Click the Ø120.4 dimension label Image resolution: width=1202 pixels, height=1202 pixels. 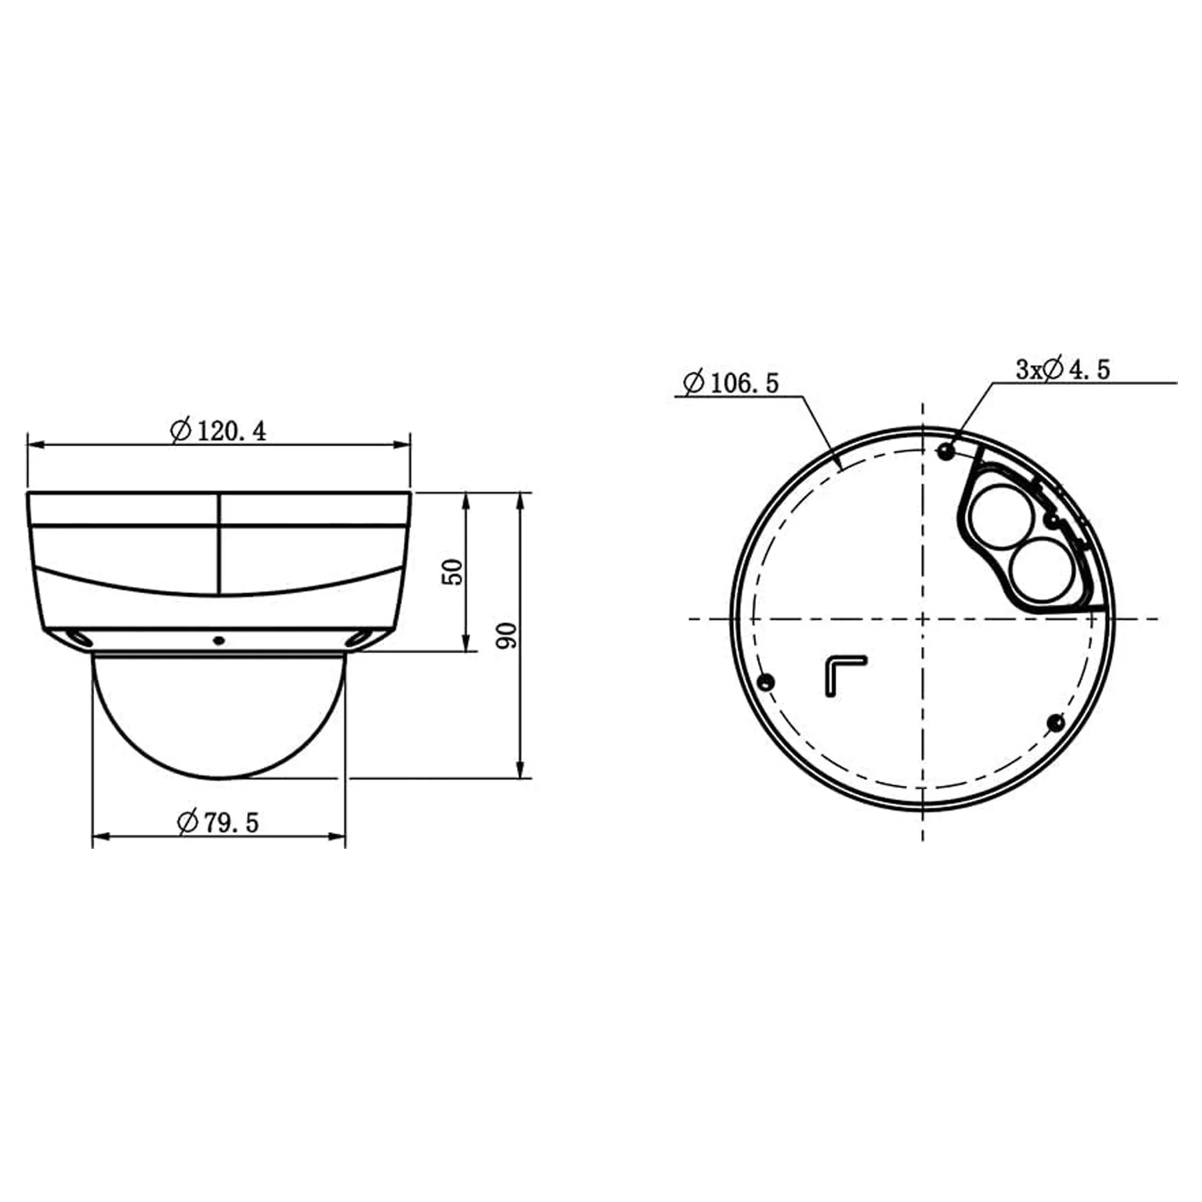click(219, 431)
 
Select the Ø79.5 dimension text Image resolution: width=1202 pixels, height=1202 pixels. click(218, 822)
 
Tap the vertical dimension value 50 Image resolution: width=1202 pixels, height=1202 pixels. click(453, 572)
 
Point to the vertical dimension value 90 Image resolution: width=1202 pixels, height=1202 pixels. click(508, 635)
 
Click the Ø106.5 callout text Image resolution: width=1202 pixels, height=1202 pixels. click(731, 383)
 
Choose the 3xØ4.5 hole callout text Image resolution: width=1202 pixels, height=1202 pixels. click(1062, 369)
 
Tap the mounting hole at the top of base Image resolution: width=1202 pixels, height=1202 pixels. click(944, 451)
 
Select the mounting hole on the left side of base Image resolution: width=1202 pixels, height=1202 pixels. click(766, 682)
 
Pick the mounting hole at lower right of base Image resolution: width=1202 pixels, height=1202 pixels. click(1056, 722)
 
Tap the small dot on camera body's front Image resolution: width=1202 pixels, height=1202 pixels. click(218, 641)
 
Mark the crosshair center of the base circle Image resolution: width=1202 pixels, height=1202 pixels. click(923, 619)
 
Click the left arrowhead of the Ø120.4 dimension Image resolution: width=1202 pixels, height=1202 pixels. click(32, 444)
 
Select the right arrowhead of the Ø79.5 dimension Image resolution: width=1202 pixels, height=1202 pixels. click(340, 835)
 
